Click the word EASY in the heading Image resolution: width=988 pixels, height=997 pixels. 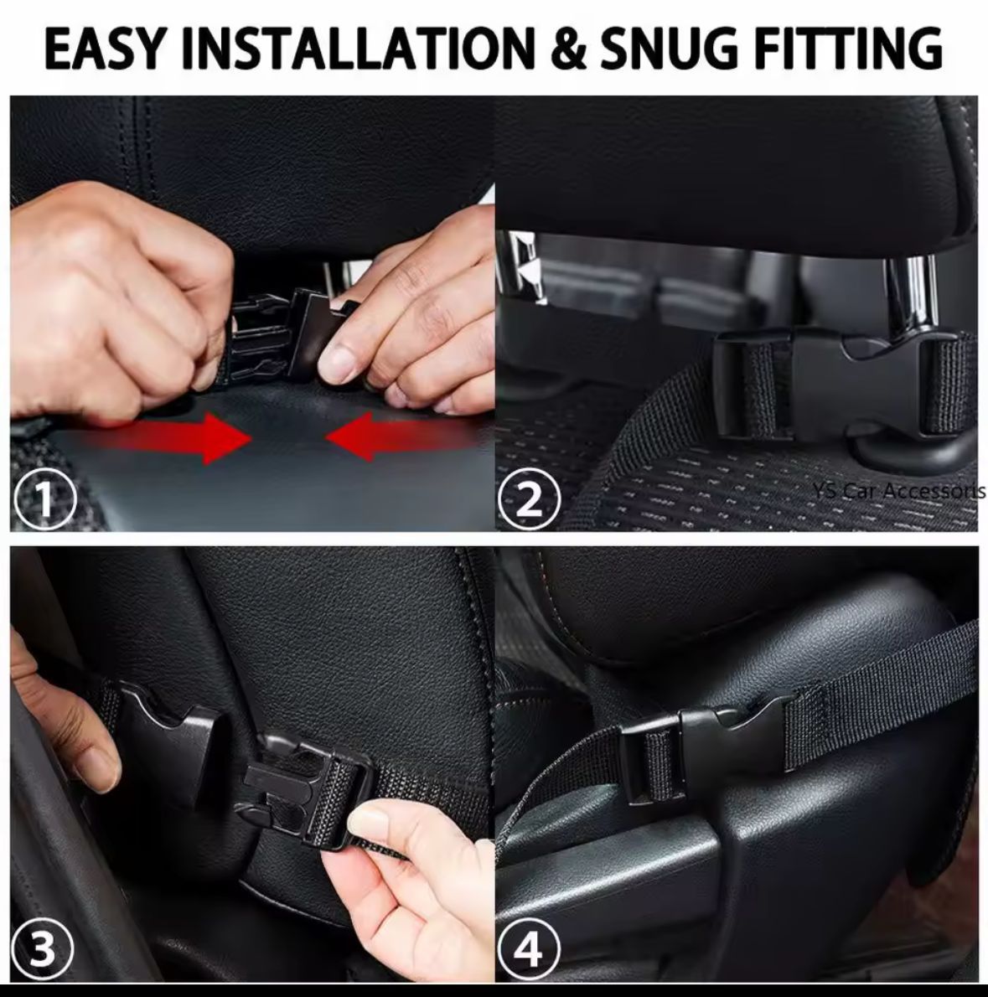[102, 48]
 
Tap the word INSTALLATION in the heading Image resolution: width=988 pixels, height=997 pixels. [353, 48]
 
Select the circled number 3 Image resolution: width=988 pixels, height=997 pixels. [44, 951]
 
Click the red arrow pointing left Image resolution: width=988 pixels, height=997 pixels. [394, 437]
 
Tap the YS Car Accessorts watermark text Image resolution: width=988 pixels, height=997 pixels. [897, 491]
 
